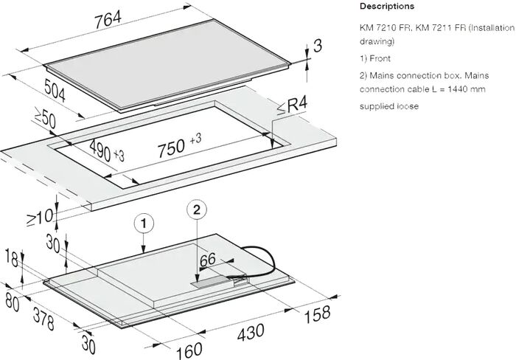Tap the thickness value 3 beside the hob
(x=318, y=46)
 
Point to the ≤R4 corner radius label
(x=292, y=108)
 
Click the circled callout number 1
(x=145, y=221)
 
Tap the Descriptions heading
(x=386, y=7)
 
